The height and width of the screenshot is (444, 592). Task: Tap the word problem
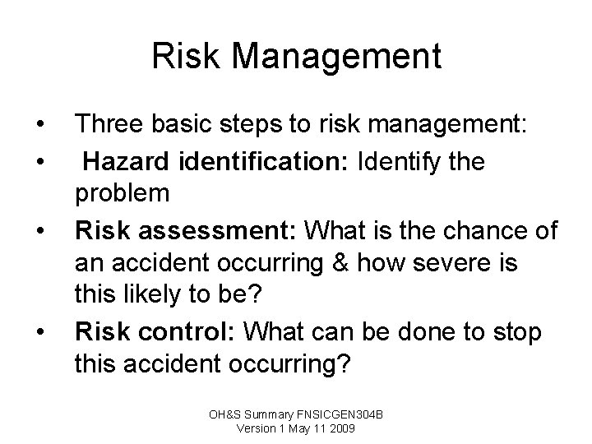point(123,195)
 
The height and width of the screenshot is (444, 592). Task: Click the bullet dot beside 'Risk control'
point(40,333)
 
